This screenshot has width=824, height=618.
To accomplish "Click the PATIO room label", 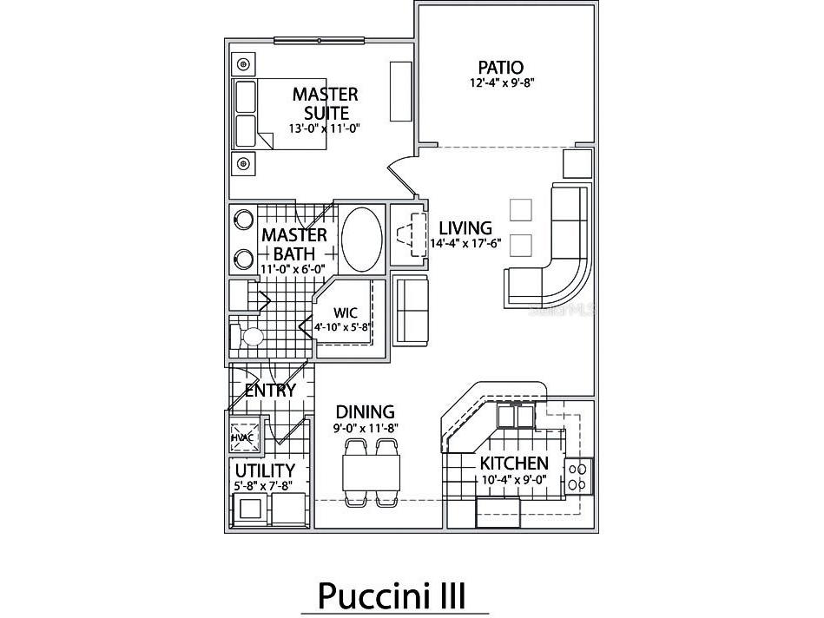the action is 501,67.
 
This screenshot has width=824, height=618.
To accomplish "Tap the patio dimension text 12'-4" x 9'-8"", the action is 502,82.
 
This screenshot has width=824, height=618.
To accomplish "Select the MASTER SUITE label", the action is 326,103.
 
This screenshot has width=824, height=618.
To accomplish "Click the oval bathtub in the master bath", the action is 361,240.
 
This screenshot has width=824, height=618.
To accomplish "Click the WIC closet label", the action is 346,312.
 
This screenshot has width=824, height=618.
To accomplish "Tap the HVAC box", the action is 243,437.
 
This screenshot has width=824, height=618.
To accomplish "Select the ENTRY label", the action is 270,391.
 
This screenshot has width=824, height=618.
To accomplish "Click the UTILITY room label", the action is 265,470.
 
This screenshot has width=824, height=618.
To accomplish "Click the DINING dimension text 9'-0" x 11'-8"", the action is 366,428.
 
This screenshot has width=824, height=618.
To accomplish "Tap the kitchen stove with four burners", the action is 578,476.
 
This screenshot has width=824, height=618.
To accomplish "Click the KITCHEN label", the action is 514,463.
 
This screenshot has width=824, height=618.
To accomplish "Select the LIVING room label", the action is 465,228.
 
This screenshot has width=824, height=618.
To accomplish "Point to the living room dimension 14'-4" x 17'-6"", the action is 465,243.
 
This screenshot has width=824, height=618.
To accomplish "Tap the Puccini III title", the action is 392,596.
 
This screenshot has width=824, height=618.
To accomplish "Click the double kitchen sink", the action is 516,416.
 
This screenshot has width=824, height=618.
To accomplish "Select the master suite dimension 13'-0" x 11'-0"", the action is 324,128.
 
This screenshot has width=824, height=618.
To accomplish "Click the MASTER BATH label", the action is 294,245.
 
